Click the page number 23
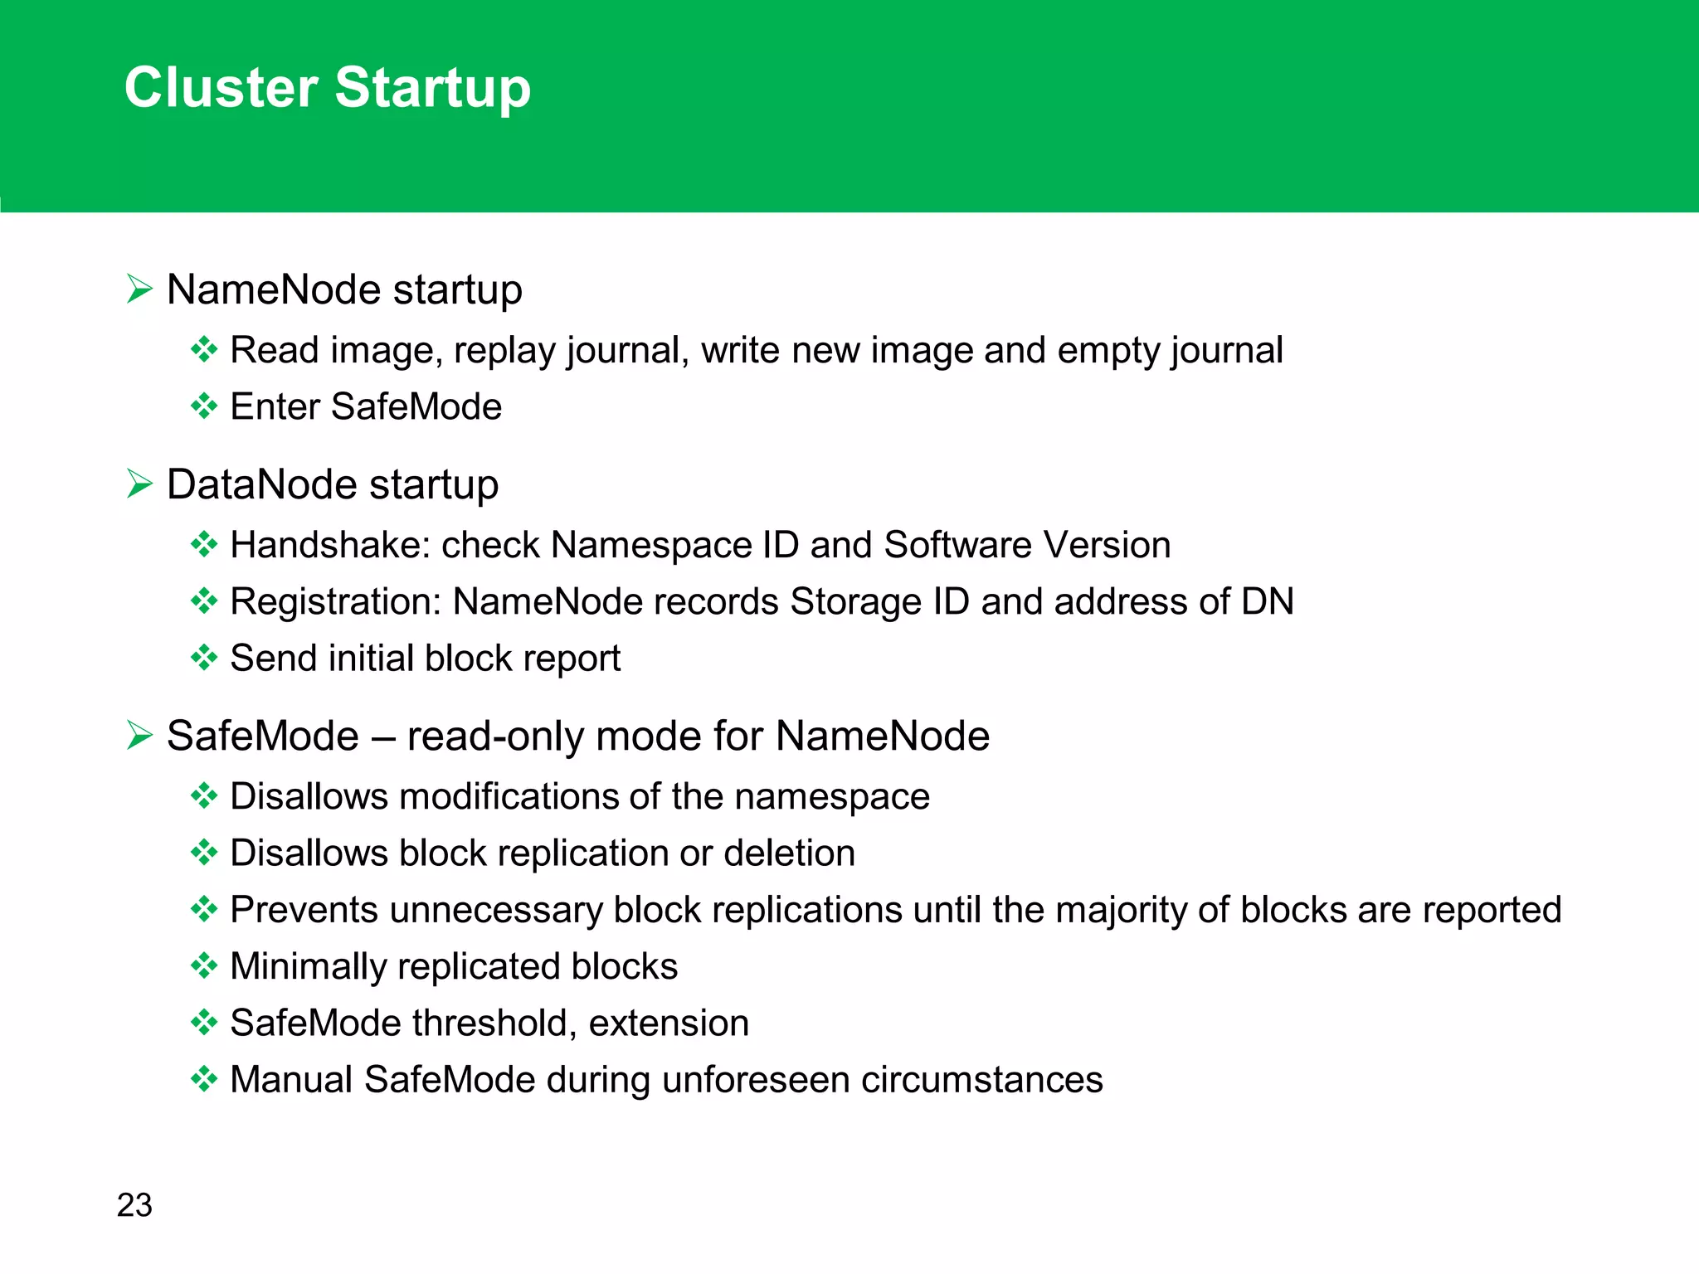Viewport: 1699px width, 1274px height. (134, 1205)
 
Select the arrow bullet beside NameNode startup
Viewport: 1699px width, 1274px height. (139, 289)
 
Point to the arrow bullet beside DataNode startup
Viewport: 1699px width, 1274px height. (139, 484)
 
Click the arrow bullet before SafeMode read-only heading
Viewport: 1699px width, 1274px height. (139, 736)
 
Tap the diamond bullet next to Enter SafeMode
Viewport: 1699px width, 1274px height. (203, 406)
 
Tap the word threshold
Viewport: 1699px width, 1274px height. (494, 1024)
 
